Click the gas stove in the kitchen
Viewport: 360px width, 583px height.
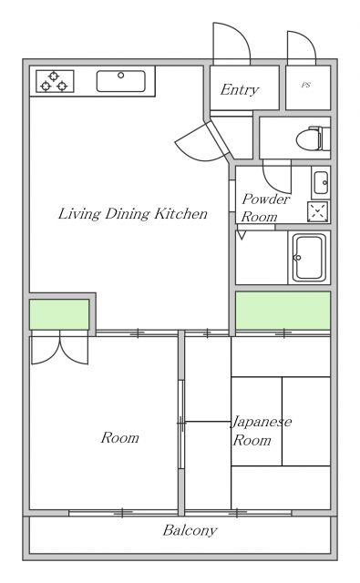(x=55, y=81)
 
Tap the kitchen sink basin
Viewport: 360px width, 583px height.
(x=121, y=81)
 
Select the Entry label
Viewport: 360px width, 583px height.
(x=240, y=89)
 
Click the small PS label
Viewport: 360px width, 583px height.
(x=305, y=85)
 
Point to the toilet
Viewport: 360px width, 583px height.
(x=314, y=138)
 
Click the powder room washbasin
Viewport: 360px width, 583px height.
(x=321, y=182)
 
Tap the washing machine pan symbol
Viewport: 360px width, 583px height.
(x=318, y=211)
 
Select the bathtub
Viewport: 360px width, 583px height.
(x=309, y=257)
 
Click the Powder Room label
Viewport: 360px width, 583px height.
(x=265, y=208)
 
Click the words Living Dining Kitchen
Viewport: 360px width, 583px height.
(x=133, y=214)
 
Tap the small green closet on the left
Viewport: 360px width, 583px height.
(x=59, y=314)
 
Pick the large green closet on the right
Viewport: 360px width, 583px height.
(x=283, y=311)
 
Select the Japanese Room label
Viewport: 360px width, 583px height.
(x=262, y=431)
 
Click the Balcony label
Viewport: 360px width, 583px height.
(x=190, y=530)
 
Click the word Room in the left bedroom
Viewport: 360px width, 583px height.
(x=119, y=437)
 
